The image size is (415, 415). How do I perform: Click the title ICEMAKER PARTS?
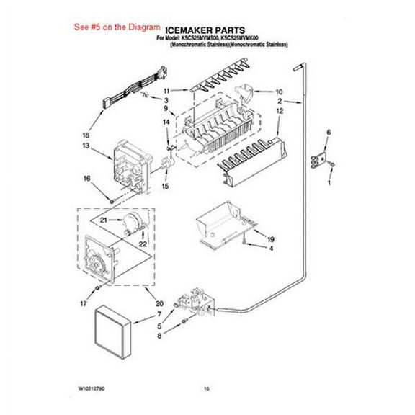pyautogui.click(x=210, y=30)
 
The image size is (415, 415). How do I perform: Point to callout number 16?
pyautogui.click(x=86, y=179)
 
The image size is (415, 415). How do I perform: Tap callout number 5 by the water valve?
pyautogui.click(x=160, y=326)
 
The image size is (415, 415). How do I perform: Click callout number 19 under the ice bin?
pyautogui.click(x=272, y=238)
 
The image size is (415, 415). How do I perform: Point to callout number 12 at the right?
pyautogui.click(x=280, y=112)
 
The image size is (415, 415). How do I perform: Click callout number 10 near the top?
pyautogui.click(x=280, y=92)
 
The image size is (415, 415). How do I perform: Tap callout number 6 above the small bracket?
pyautogui.click(x=329, y=133)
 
